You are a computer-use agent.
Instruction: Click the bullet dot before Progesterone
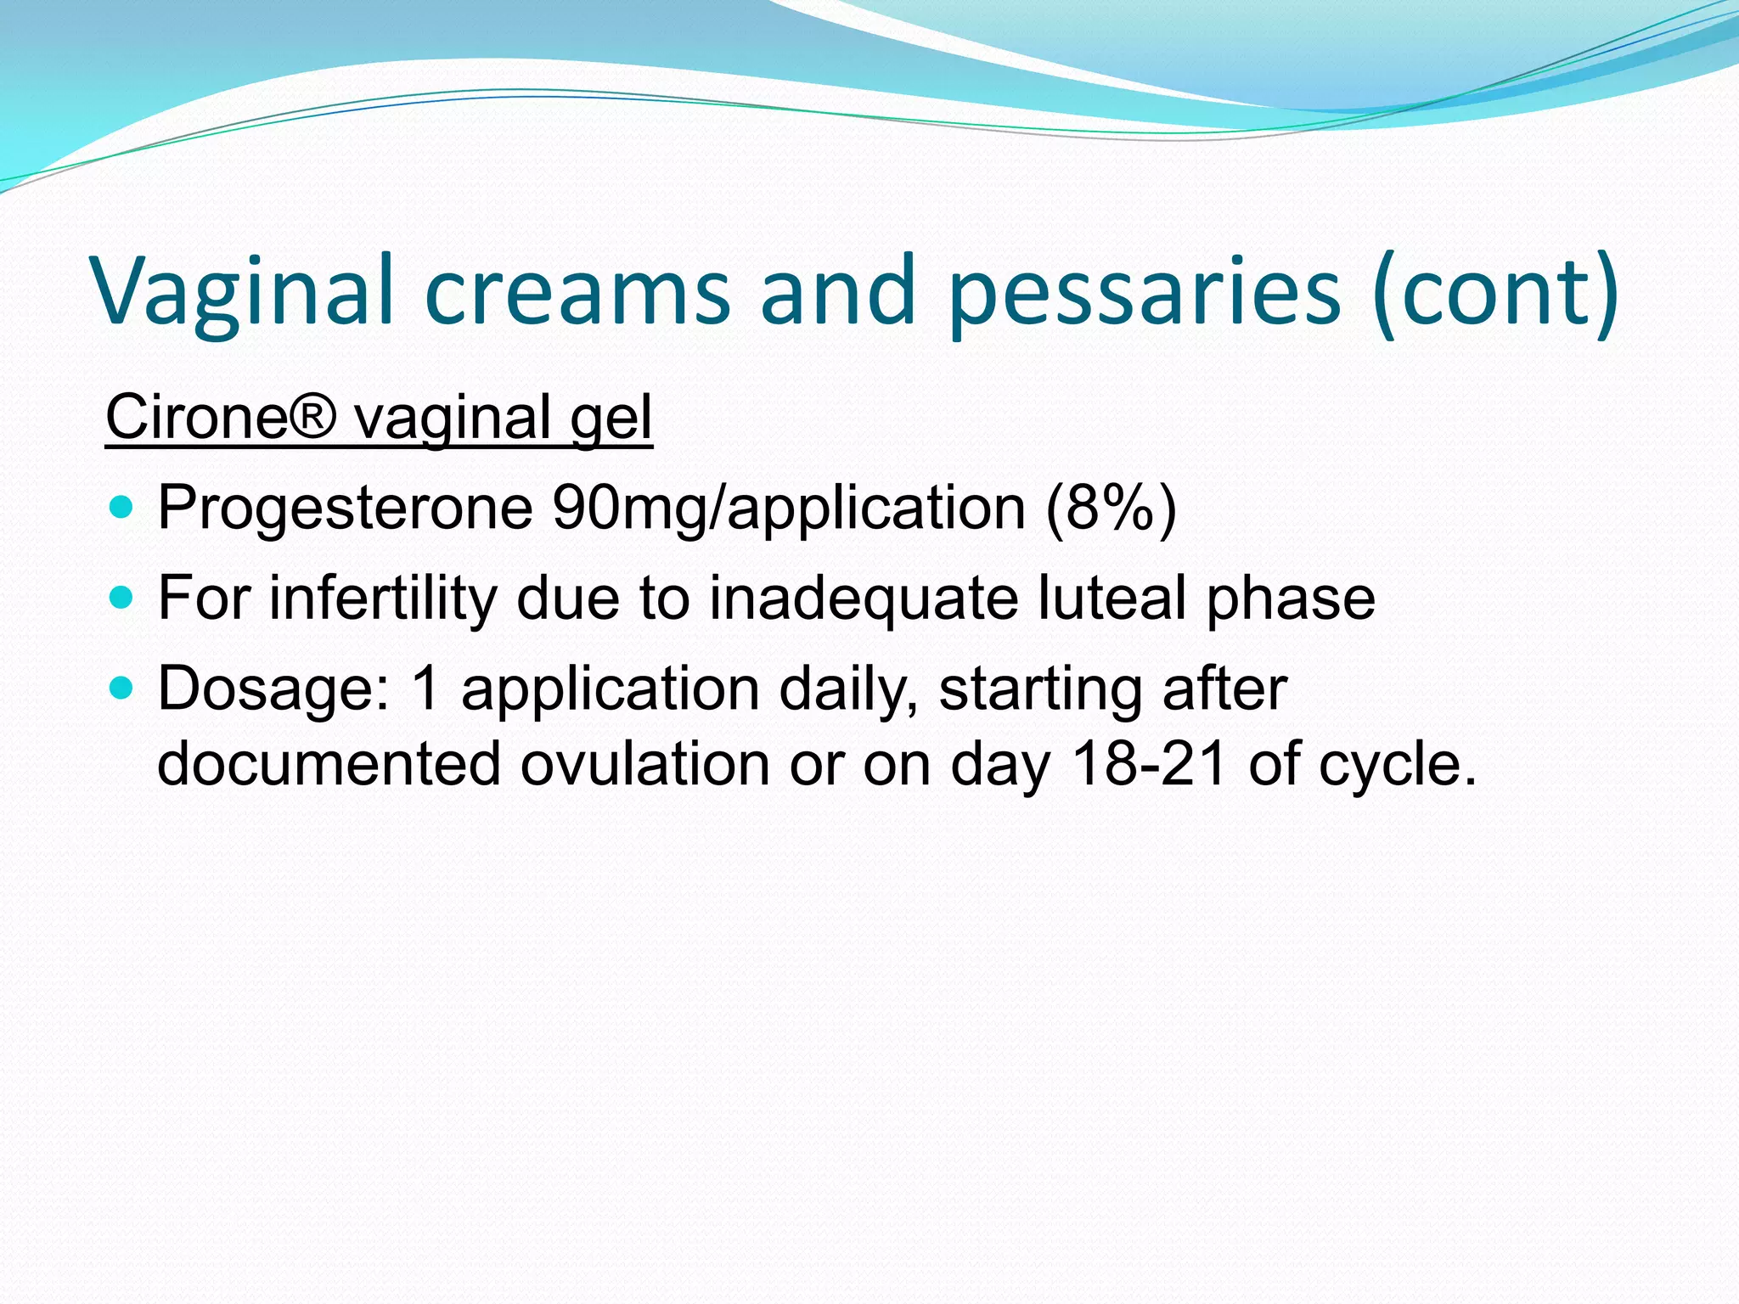point(122,509)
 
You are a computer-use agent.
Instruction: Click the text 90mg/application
point(789,509)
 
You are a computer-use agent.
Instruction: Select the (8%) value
point(1111,509)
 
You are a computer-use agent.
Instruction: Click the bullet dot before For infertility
point(122,599)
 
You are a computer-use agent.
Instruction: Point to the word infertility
point(382,599)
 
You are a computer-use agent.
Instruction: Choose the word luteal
point(1112,599)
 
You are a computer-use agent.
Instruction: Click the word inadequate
point(864,599)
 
